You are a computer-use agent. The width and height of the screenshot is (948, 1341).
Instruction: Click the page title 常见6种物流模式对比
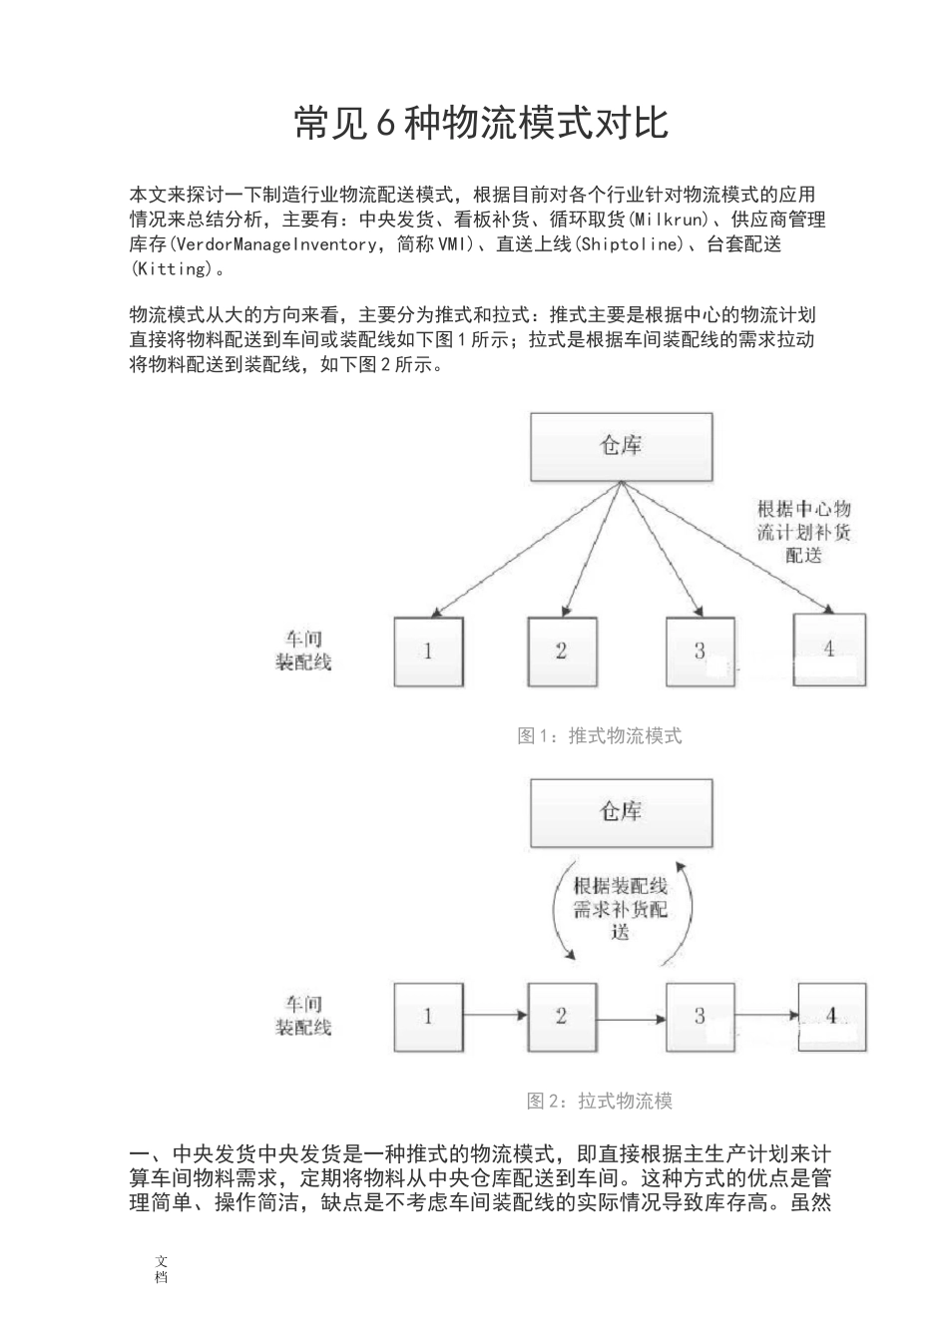coord(481,124)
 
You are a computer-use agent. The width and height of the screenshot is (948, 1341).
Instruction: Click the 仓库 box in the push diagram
coord(621,446)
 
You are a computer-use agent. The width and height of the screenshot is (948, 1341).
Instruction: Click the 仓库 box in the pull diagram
coord(621,813)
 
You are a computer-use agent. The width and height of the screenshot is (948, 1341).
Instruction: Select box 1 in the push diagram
coord(429,652)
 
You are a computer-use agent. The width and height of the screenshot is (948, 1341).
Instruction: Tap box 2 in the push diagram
coord(562,652)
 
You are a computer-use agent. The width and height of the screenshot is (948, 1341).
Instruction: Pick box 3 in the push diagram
coord(700,652)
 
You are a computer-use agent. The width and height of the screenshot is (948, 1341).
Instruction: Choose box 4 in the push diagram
coord(829,650)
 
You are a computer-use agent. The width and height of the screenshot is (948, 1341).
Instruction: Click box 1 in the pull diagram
coord(429,1017)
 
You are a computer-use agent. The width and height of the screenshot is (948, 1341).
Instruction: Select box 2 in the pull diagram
coord(562,1017)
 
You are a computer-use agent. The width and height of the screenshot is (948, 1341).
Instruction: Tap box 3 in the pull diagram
coord(700,1017)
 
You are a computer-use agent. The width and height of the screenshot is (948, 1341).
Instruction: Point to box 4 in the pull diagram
coord(829,1017)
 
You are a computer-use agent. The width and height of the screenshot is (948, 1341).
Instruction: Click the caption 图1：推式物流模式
coord(600,736)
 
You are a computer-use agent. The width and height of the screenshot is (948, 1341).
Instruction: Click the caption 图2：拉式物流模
coord(600,1102)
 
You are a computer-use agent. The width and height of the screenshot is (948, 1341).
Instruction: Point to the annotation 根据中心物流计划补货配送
coord(804,531)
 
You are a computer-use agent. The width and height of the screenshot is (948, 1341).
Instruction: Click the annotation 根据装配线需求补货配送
coord(621,909)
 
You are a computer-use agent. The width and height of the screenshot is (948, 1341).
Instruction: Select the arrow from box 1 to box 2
coord(496,1017)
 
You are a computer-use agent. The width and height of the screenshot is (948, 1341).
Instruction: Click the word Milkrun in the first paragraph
coord(676,220)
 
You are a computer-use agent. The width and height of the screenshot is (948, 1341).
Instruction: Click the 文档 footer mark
coord(162,1269)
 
